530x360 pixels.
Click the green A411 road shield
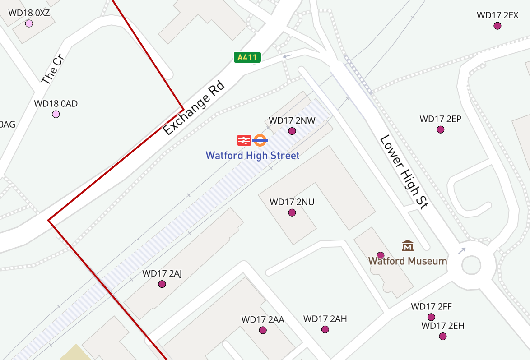247,57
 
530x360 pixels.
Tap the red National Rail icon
244,140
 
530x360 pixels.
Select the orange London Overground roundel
260,140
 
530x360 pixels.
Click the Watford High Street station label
252,156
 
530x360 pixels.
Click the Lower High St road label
404,172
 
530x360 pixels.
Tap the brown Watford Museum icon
408,246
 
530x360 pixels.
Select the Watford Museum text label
408,261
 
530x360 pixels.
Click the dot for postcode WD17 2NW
292,131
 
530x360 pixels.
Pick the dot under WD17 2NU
292,212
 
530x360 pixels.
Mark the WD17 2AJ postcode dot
162,284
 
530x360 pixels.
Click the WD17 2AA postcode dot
263,330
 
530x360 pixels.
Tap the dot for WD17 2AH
325,329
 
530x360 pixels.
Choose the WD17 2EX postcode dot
497,26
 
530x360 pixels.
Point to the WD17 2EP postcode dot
441,129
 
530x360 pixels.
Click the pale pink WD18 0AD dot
56,114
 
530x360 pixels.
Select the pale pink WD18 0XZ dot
29,23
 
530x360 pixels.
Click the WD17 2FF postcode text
431,307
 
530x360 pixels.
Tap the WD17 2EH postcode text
443,326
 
